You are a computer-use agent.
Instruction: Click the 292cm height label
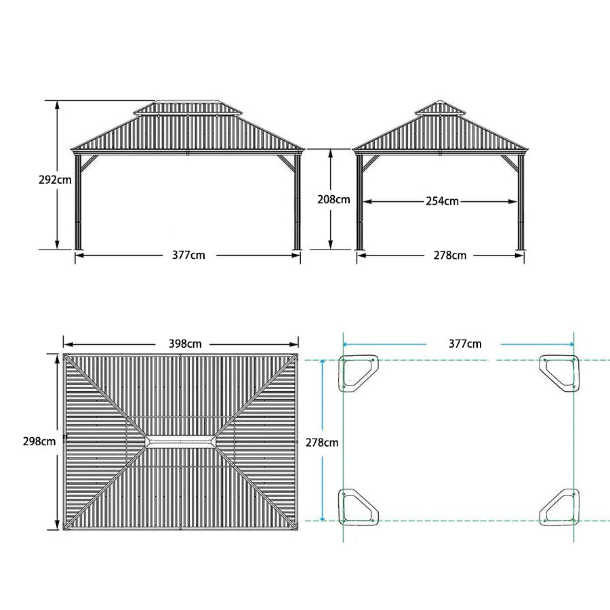click(x=55, y=180)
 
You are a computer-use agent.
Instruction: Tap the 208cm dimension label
click(x=333, y=199)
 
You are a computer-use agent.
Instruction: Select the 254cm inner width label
click(x=442, y=201)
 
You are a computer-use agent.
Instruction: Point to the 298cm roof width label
click(x=39, y=441)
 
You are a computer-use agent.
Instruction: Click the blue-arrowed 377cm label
click(x=465, y=344)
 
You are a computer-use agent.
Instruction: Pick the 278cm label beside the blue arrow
click(x=321, y=443)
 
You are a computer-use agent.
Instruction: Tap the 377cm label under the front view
click(x=188, y=256)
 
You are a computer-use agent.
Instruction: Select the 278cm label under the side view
click(x=450, y=256)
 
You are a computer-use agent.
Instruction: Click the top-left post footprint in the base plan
click(x=357, y=371)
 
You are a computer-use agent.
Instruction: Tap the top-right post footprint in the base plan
click(x=560, y=371)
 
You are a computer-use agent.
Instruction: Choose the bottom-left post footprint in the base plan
click(x=357, y=507)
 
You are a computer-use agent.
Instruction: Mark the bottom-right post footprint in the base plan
click(x=560, y=507)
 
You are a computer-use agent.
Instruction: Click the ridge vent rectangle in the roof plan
click(x=181, y=442)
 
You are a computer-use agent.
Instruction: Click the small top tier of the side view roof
click(x=439, y=108)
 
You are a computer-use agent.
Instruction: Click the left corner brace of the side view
click(x=370, y=163)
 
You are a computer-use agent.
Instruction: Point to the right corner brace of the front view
click(x=285, y=162)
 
